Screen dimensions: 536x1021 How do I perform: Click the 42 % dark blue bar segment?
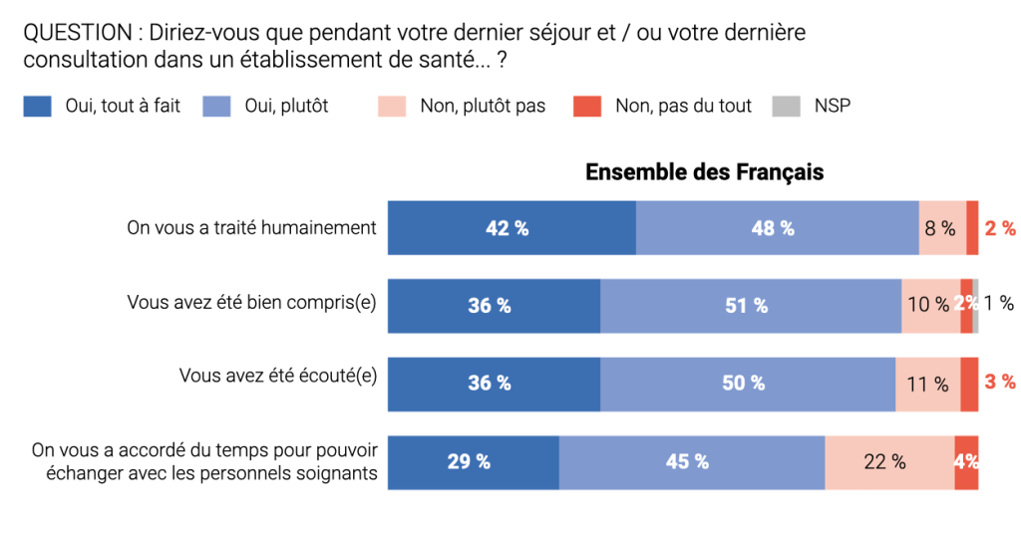(511, 228)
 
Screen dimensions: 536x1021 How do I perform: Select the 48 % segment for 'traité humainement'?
(777, 228)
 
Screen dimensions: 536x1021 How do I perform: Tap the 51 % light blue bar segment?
(751, 306)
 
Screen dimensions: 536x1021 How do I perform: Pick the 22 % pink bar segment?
(889, 462)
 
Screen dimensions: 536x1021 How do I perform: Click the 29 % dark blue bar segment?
(473, 462)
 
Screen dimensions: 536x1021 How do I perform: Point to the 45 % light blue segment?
(691, 462)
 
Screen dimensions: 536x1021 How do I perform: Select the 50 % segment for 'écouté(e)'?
(748, 384)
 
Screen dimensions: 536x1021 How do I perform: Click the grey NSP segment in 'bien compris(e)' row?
(976, 306)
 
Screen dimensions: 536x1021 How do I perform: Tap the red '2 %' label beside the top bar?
(1000, 228)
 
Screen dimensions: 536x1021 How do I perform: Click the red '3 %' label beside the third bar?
(1000, 382)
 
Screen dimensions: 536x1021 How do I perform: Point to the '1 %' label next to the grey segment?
(999, 304)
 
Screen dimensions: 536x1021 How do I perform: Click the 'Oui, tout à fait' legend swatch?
(37, 106)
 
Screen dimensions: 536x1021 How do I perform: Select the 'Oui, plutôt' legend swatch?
(216, 106)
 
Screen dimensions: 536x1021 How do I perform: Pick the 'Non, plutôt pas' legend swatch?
(392, 106)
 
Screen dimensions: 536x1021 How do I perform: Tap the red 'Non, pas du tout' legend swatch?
(587, 106)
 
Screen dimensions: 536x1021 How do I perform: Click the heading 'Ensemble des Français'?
(704, 172)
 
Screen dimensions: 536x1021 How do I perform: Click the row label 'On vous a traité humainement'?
(251, 228)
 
